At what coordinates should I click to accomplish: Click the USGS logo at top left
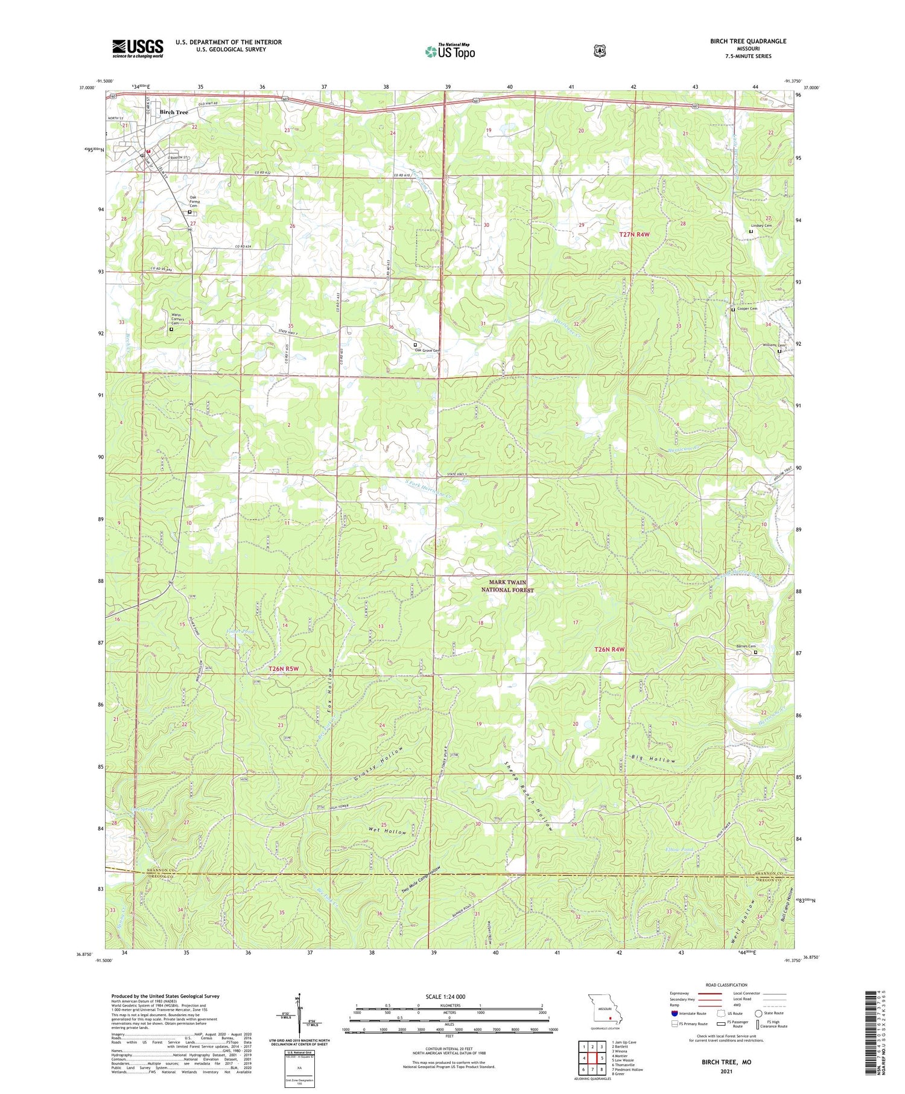pos(138,48)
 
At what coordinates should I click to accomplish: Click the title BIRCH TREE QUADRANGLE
pos(748,41)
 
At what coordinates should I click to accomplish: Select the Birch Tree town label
pos(174,112)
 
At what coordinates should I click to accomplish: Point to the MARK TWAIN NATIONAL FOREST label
pos(511,586)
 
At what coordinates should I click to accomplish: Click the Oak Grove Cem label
pos(427,351)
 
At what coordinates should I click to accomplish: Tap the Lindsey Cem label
pos(761,225)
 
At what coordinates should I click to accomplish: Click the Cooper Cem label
pos(746,308)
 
